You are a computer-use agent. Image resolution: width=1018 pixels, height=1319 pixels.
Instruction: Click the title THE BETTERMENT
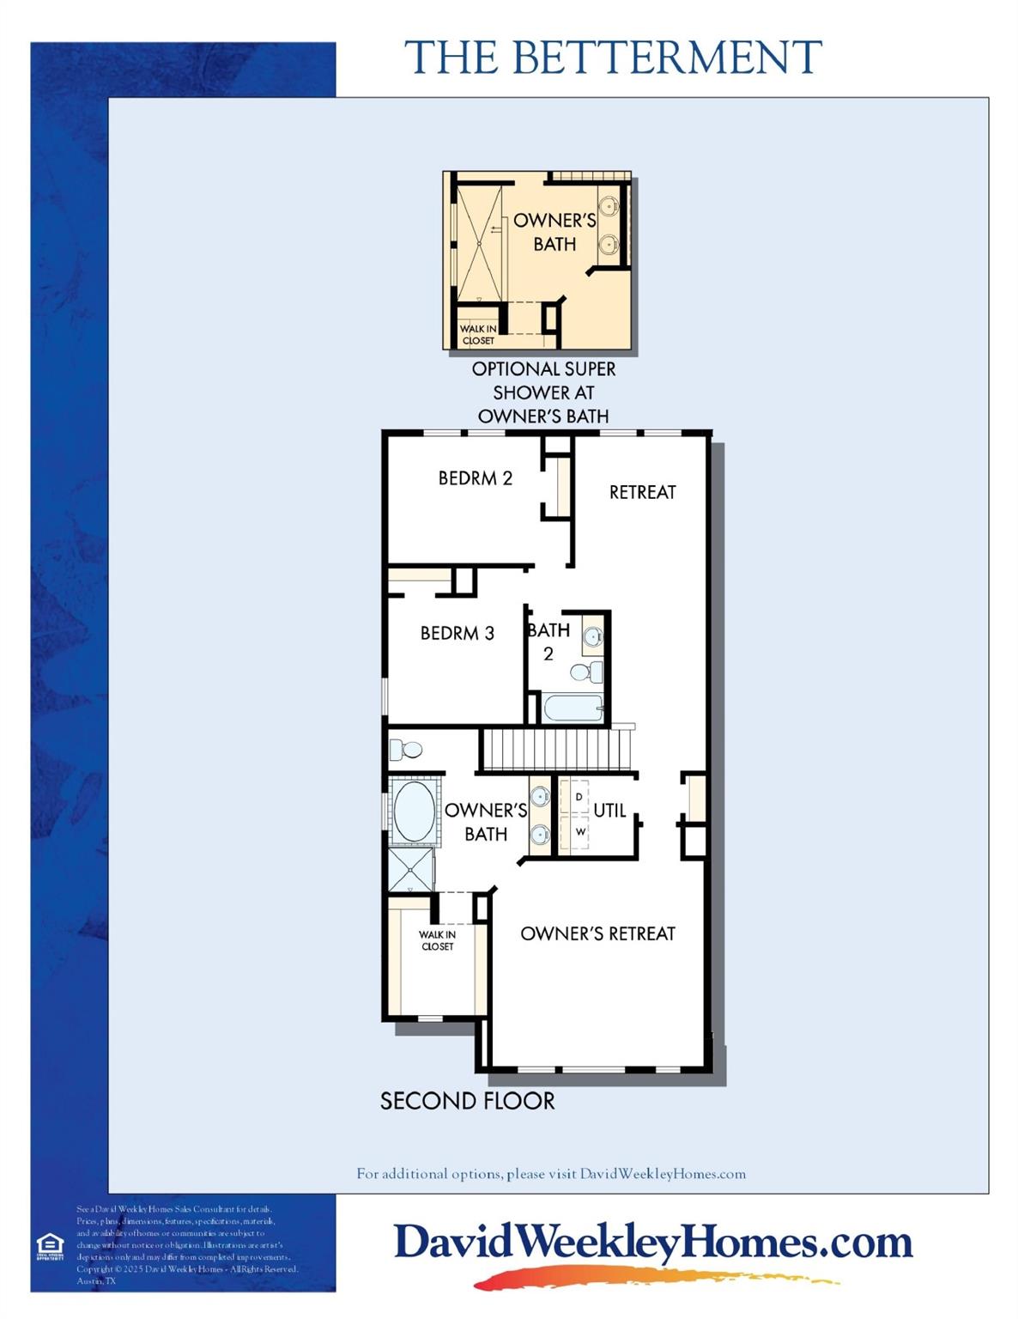[x=613, y=58]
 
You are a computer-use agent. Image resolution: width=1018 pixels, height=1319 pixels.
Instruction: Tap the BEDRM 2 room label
[x=475, y=478]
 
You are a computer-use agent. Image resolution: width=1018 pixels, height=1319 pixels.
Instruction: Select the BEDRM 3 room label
[x=457, y=634]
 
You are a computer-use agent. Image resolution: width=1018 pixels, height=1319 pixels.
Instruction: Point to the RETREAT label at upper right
[x=642, y=492]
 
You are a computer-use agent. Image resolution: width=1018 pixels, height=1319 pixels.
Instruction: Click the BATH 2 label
[x=548, y=641]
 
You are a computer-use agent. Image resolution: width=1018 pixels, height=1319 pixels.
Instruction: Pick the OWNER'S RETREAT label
[x=597, y=933]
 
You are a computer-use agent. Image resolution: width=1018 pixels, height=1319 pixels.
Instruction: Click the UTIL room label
[x=609, y=810]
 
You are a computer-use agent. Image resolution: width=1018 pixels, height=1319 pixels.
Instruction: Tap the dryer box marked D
[x=579, y=797]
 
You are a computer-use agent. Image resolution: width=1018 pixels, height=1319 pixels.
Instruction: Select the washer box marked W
[x=580, y=831]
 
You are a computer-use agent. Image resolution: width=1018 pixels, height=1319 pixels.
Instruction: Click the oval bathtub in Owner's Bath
[x=413, y=811]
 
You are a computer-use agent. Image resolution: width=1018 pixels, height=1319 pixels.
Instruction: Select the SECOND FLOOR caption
[x=467, y=1101]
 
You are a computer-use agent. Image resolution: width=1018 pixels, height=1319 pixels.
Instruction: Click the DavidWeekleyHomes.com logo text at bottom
[x=652, y=1243]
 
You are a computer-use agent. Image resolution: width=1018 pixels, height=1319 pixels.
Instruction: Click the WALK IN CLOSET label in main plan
[x=437, y=940]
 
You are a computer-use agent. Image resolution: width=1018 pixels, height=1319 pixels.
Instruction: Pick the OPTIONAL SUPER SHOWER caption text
[x=543, y=392]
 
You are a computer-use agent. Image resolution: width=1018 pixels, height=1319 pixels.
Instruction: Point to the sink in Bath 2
[x=592, y=637]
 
